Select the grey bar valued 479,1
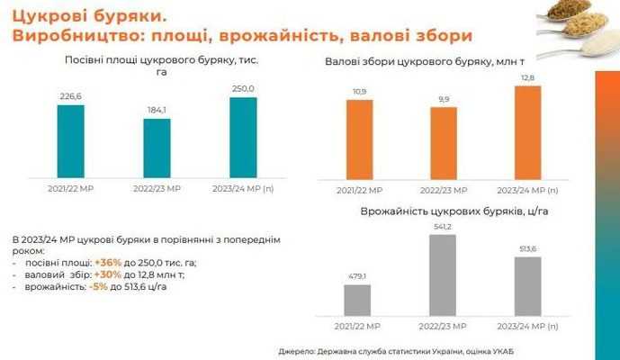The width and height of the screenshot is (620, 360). coord(357,301)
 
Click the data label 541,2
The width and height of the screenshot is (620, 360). coord(442,228)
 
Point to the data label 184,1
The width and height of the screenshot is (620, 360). coord(157,111)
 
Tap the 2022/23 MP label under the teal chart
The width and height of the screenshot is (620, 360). coord(157,190)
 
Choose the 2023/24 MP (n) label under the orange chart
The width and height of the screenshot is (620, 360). coord(528,191)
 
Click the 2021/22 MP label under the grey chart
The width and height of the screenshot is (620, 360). coord(356,325)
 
